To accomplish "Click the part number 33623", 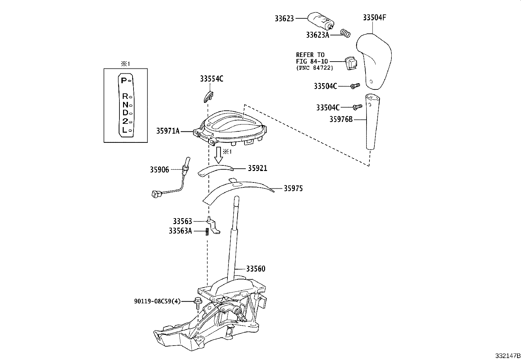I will [x=284, y=19].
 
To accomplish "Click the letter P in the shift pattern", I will [x=123, y=80].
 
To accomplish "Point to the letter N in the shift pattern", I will [x=125, y=105].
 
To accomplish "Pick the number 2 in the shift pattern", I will [x=125, y=122].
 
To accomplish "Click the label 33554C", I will [x=211, y=79].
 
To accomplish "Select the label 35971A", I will [x=168, y=131].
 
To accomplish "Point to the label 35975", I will [x=293, y=188].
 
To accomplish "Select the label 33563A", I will [x=180, y=231].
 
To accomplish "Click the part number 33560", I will [x=256, y=269].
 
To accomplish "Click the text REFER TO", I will [x=310, y=55].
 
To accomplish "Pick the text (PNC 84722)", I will [x=314, y=68].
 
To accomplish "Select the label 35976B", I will [x=341, y=119].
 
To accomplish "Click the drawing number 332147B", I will [x=507, y=355].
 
